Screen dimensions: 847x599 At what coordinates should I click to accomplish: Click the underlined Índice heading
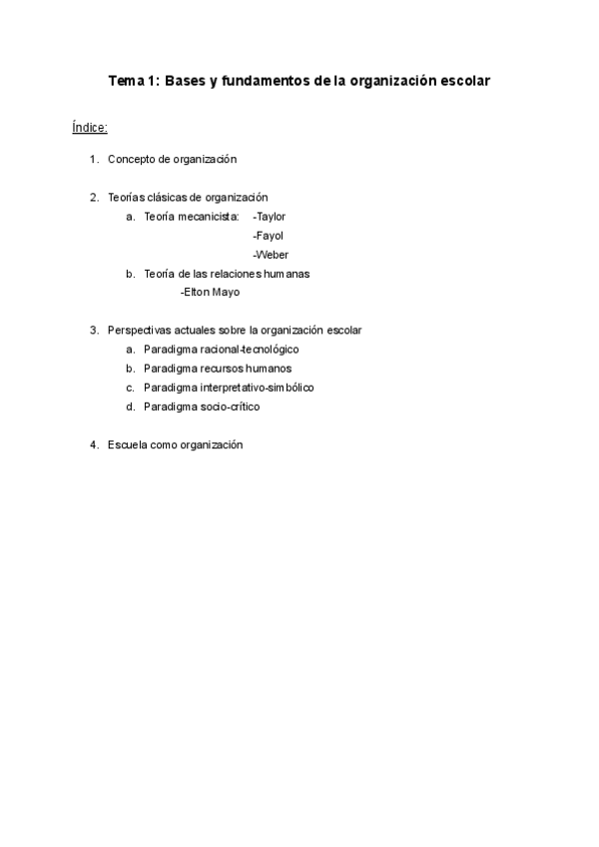(90, 128)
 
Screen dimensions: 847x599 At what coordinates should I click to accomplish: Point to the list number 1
(93, 159)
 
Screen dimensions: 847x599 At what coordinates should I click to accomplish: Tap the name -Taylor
(270, 216)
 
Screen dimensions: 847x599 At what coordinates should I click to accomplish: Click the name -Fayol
(268, 236)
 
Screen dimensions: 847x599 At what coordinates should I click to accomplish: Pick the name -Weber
(270, 255)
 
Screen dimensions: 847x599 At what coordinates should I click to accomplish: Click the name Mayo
(226, 293)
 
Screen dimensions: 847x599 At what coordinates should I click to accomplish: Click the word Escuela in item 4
(128, 445)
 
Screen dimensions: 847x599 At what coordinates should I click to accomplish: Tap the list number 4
(93, 445)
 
